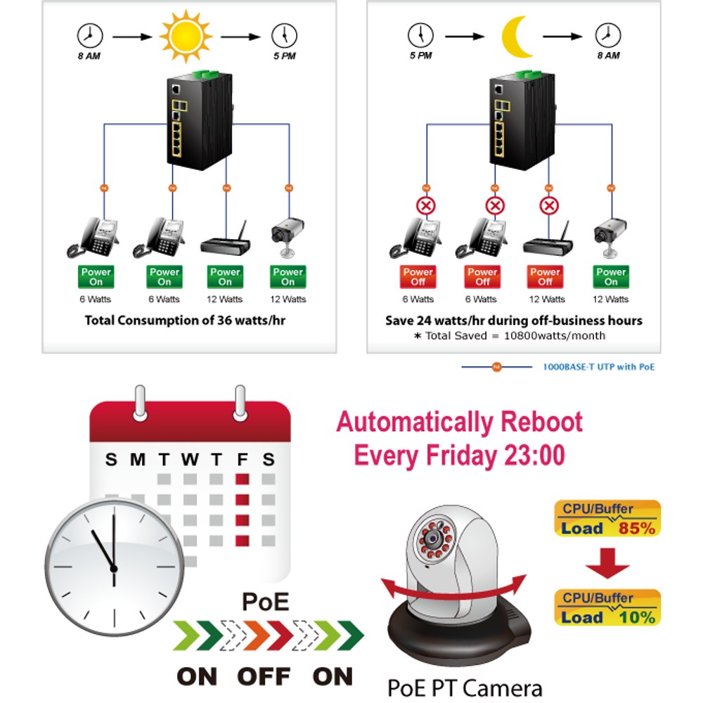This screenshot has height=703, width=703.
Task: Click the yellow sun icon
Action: (x=186, y=36)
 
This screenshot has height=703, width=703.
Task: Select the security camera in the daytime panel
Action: (x=288, y=237)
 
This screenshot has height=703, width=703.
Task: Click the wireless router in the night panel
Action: (x=548, y=240)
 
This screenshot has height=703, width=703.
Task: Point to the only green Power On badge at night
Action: (x=611, y=276)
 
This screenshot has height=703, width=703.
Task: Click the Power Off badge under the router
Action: (x=546, y=276)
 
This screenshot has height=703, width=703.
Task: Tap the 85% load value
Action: (x=637, y=528)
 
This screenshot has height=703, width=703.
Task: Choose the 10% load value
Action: (x=637, y=617)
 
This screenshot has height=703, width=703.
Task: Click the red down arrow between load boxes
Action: (x=607, y=562)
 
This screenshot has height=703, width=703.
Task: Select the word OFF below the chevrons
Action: (x=264, y=676)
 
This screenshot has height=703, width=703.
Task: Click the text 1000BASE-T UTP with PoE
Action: (x=598, y=367)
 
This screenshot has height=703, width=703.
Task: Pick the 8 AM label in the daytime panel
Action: (x=89, y=56)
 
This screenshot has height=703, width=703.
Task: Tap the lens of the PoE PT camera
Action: (x=432, y=538)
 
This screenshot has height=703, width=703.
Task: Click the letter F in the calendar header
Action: (x=242, y=460)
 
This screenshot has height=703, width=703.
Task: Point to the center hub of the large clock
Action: (x=114, y=569)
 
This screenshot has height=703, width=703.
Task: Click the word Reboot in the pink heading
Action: (x=541, y=422)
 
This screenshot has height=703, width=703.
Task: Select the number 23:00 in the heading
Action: (x=534, y=455)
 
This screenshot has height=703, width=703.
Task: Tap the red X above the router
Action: (x=549, y=206)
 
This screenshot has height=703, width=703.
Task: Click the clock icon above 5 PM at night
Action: (x=420, y=35)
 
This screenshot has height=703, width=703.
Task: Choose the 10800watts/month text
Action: (x=555, y=336)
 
